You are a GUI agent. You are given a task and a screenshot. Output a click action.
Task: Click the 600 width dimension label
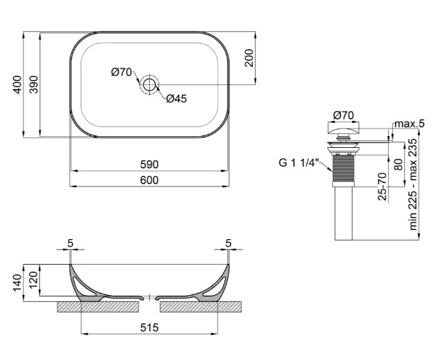pyautogui.click(x=149, y=180)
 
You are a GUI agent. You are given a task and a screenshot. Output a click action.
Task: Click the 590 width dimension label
pyautogui.click(x=149, y=164)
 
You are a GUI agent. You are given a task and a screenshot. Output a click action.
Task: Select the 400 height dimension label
pyautogui.click(x=17, y=84)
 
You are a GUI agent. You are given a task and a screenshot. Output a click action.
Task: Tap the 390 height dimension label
pyautogui.click(x=34, y=84)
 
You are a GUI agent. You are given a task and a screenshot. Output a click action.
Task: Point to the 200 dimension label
pyautogui.click(x=249, y=58)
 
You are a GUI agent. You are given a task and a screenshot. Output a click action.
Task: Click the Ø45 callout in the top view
pyautogui.click(x=176, y=99)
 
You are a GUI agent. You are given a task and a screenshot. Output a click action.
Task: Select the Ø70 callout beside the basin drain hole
pyautogui.click(x=122, y=73)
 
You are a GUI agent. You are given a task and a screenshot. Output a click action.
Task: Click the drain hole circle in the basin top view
pyautogui.click(x=149, y=84)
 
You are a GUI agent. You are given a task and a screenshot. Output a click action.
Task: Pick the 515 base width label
pyautogui.click(x=149, y=328)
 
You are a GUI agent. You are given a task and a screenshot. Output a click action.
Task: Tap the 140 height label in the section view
pyautogui.click(x=17, y=283)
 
